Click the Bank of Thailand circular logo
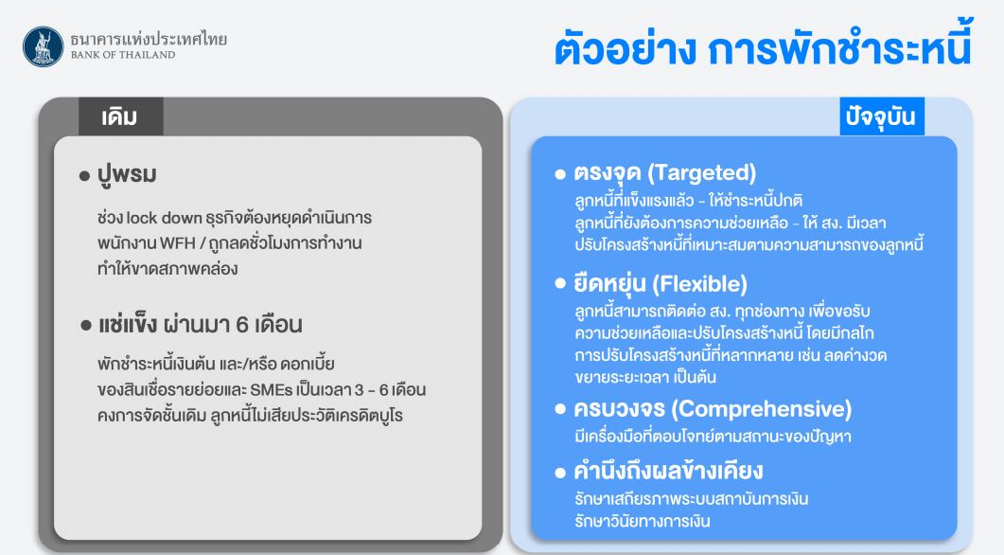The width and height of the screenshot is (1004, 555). (43, 46)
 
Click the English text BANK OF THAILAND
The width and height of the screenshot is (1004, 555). (123, 55)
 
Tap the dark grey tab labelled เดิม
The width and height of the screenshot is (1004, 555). (120, 116)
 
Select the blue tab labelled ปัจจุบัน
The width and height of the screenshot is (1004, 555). (882, 116)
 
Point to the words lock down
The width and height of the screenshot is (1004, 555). (164, 218)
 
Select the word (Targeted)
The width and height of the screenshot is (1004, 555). (702, 173)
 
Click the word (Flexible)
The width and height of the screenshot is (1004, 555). (699, 284)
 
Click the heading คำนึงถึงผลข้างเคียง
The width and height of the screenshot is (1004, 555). (668, 471)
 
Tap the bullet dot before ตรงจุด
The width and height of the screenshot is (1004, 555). (560, 173)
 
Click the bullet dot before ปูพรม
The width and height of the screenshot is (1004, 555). (84, 175)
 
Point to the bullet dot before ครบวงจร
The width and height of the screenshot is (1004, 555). (560, 409)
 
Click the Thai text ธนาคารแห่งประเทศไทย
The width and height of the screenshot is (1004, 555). (149, 39)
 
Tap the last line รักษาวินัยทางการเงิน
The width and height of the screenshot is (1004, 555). (643, 521)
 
